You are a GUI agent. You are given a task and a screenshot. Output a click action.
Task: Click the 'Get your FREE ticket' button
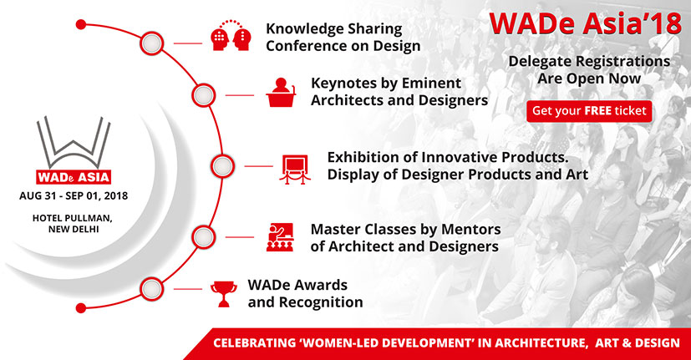(x=589, y=110)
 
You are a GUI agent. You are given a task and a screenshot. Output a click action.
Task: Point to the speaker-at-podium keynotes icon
(x=282, y=94)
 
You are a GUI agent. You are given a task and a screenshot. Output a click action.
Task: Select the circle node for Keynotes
(x=203, y=94)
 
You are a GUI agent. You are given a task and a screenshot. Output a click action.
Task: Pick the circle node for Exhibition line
(x=221, y=166)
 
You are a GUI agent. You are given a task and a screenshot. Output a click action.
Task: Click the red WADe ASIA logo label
(x=73, y=177)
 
